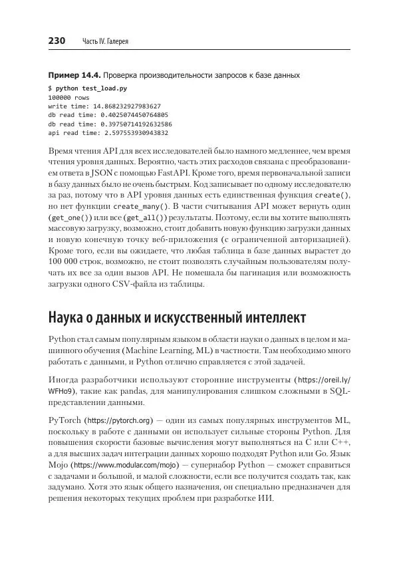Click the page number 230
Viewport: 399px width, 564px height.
[57, 41]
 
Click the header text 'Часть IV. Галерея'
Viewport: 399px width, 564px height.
[105, 42]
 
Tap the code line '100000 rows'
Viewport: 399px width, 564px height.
[65, 96]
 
